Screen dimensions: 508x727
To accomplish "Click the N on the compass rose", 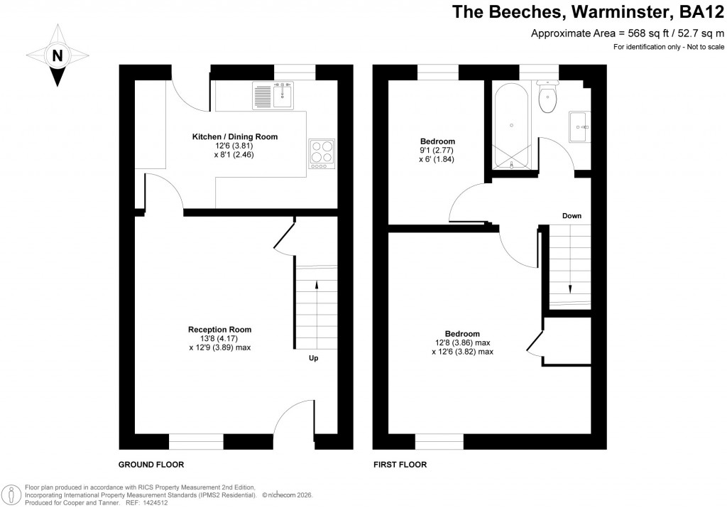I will tap(58, 55).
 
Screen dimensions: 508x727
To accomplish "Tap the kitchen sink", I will tap(273, 95).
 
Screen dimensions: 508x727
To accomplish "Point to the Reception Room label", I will tap(219, 330).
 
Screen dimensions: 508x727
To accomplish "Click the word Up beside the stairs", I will tap(313, 358).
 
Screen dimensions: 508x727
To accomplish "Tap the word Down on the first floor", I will tap(572, 215).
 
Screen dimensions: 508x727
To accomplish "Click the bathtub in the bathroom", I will tap(510, 124).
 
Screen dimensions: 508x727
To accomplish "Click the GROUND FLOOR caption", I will tap(151, 465).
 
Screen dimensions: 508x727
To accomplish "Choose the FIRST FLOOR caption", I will tap(400, 465).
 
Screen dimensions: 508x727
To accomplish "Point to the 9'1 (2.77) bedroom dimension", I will tap(436, 151).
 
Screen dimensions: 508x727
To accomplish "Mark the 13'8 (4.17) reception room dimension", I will tap(219, 339).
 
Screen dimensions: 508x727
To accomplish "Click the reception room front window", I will tap(196, 441).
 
